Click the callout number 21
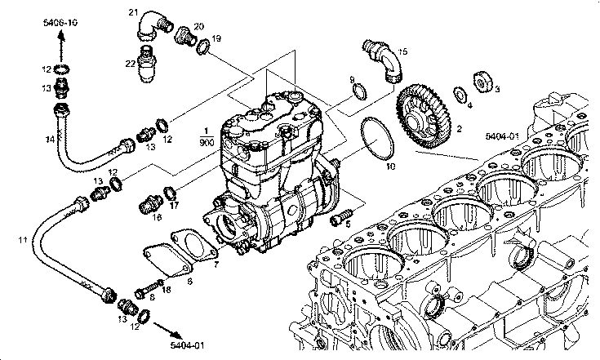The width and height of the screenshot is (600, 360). [x=133, y=11]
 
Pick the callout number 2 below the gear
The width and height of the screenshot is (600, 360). [x=459, y=128]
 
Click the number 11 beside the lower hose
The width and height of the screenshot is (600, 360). [x=24, y=240]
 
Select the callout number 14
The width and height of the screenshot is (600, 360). [x=50, y=140]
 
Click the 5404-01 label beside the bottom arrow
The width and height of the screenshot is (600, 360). [x=187, y=345]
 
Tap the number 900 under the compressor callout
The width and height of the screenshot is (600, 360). [x=207, y=142]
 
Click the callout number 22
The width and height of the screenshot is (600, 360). [x=131, y=63]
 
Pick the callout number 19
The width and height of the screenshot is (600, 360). [x=216, y=38]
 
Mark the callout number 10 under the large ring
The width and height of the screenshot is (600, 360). [x=390, y=166]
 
